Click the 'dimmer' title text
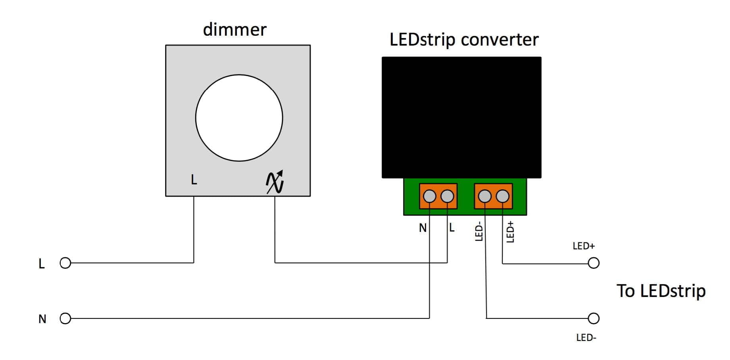[234, 30]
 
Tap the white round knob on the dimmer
[239, 118]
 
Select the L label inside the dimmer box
[194, 180]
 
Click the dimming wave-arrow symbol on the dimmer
[275, 182]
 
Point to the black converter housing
[461, 117]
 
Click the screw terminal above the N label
[430, 196]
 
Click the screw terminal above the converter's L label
[448, 196]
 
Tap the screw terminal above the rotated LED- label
[485, 196]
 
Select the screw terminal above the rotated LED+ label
[503, 196]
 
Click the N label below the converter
[423, 228]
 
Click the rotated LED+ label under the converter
[511, 232]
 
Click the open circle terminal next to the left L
[65, 263]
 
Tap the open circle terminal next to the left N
[65, 318]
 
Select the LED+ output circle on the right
[594, 263]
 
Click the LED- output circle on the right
[594, 318]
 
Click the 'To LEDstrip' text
[661, 291]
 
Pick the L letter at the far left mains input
[42, 264]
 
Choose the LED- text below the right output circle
[586, 338]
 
